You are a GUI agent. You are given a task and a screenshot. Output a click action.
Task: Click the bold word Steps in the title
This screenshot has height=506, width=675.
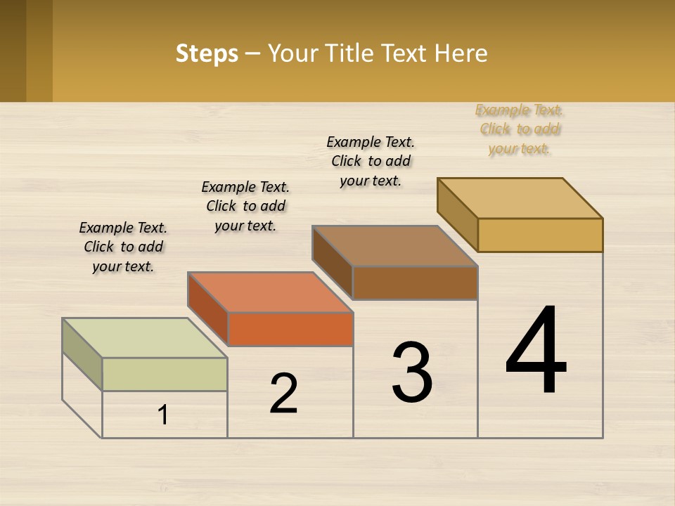pyautogui.click(x=207, y=53)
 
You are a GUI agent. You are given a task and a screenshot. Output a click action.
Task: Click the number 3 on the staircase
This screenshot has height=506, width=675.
pyautogui.click(x=412, y=372)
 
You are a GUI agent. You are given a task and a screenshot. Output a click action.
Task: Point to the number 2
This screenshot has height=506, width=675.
pyautogui.click(x=283, y=394)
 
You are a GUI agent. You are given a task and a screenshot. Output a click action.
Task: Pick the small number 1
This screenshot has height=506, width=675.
pyautogui.click(x=163, y=415)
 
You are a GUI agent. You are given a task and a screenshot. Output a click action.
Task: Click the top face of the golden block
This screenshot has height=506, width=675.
pyautogui.click(x=520, y=197)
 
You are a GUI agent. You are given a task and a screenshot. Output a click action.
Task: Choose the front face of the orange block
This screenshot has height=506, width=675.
pyautogui.click(x=290, y=329)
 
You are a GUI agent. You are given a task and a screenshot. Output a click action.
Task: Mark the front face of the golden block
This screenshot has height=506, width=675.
pyautogui.click(x=540, y=235)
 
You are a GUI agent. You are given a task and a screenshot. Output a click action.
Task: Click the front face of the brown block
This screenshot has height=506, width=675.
pyautogui.click(x=415, y=283)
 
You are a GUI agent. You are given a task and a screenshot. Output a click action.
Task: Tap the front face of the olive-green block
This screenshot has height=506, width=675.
pyautogui.click(x=165, y=374)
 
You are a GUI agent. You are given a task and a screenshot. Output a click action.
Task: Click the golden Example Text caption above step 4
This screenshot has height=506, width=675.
pyautogui.click(x=519, y=129)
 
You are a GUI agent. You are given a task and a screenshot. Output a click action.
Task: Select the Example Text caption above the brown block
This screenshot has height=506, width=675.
pyautogui.click(x=371, y=161)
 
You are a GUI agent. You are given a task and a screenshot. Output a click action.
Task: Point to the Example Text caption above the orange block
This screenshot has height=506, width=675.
pyautogui.click(x=245, y=206)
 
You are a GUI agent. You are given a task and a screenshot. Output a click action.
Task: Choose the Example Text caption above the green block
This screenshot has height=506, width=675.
pyautogui.click(x=123, y=247)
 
